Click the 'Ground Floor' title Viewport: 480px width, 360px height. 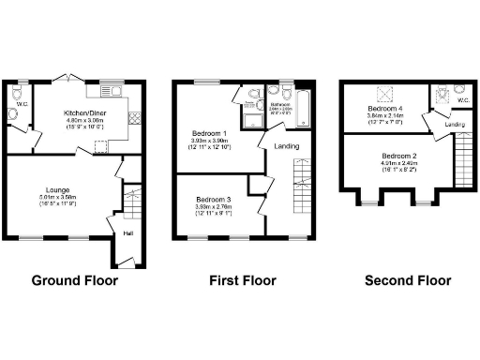click(73, 280)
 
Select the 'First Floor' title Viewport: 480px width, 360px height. click(241, 280)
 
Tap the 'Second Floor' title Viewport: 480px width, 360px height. click(402, 280)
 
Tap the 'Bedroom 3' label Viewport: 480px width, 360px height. click(215, 199)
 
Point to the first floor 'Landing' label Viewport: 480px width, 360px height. click(286, 146)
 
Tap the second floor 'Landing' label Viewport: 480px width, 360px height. click(456, 124)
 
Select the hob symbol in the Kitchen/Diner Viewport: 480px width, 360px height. click(133, 119)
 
